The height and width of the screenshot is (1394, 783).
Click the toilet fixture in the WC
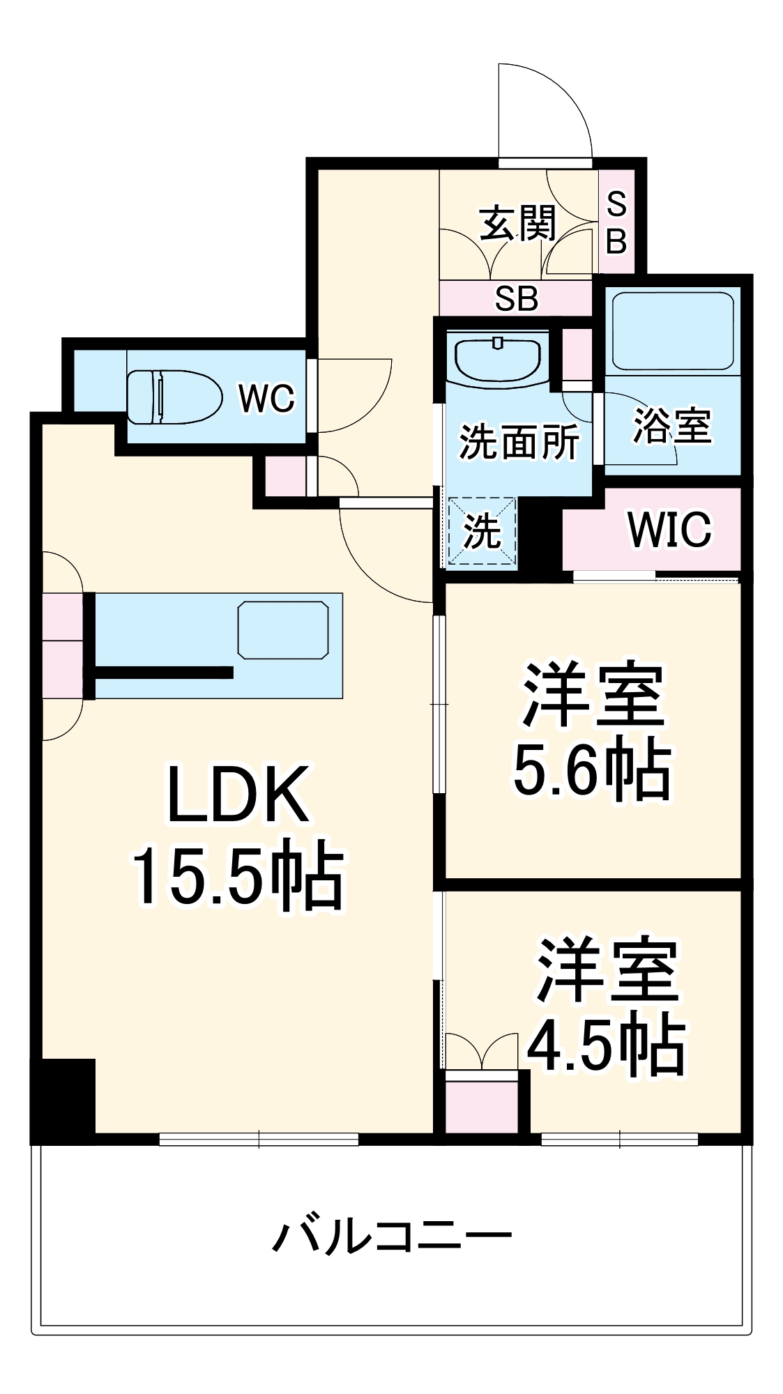click(x=174, y=397)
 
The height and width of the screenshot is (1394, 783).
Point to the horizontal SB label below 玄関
click(x=516, y=299)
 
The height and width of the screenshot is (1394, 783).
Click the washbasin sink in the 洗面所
click(x=498, y=358)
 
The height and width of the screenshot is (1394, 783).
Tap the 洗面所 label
click(x=519, y=442)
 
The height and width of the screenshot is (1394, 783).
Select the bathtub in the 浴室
click(x=672, y=331)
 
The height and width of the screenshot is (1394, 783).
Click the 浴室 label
click(x=671, y=425)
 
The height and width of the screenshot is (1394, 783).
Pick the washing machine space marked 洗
click(x=482, y=533)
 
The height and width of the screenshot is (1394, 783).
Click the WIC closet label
click(x=669, y=530)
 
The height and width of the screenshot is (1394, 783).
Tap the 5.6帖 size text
click(x=592, y=772)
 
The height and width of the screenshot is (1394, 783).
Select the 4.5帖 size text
click(x=606, y=1045)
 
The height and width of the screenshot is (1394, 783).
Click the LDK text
click(x=238, y=795)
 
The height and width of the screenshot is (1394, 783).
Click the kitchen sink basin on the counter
click(x=283, y=630)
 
